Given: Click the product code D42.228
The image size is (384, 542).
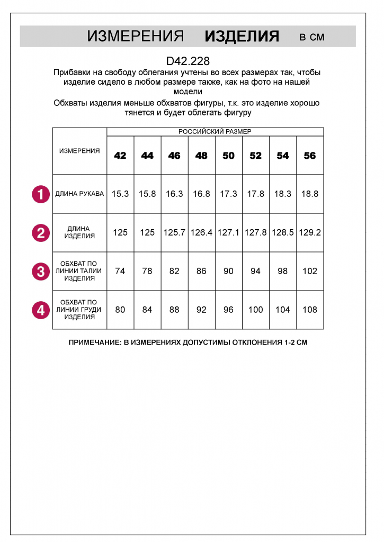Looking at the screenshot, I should (188, 61).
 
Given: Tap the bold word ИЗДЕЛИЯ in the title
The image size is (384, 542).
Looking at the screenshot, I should (242, 36).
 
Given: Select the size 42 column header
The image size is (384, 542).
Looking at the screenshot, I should (120, 156).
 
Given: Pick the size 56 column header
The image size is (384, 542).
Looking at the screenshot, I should (310, 156).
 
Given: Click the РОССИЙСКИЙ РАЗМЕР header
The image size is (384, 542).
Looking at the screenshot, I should (215, 131).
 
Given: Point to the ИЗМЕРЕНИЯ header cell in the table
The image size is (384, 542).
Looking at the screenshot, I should (79, 151).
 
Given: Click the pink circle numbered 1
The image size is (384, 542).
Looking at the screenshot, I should (41, 194).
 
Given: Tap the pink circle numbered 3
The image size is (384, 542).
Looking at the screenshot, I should (41, 272).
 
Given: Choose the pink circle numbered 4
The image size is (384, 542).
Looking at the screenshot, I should (41, 310).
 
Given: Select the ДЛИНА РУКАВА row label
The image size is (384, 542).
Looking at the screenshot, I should (79, 194).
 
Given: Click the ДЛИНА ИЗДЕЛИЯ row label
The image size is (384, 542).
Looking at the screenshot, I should (79, 232).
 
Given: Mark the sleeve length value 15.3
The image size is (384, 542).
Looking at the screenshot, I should (120, 194).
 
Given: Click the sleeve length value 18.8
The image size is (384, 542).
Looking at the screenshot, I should (310, 194).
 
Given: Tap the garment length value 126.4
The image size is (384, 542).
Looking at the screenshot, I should (201, 232).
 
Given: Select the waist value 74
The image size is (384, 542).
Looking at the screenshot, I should (120, 271).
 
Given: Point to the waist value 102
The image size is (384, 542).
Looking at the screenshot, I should (310, 271).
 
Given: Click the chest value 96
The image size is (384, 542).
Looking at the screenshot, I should (228, 310).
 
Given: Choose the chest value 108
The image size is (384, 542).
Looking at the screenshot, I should (310, 310).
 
